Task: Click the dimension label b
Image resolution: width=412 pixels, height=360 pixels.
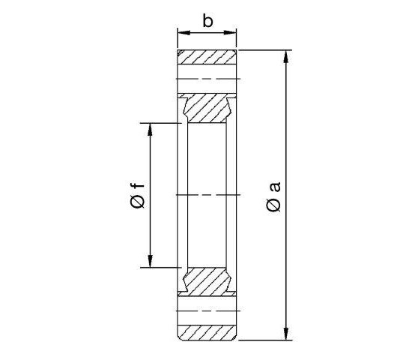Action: pos(207,20)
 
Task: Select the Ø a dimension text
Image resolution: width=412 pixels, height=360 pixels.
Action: pos(274,196)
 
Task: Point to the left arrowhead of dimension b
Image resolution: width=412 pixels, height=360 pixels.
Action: pos(181,33)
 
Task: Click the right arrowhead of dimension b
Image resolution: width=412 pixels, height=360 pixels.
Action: pos(233,33)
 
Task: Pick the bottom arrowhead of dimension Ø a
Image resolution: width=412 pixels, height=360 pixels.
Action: pos(287,335)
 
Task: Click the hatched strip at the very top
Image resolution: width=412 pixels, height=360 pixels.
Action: pos(207,57)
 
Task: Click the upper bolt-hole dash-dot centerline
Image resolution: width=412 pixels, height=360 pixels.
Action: pos(207,79)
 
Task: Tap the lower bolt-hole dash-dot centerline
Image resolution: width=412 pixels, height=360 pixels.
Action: pos(207,311)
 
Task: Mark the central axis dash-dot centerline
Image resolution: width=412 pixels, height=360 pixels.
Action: pos(207,196)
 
